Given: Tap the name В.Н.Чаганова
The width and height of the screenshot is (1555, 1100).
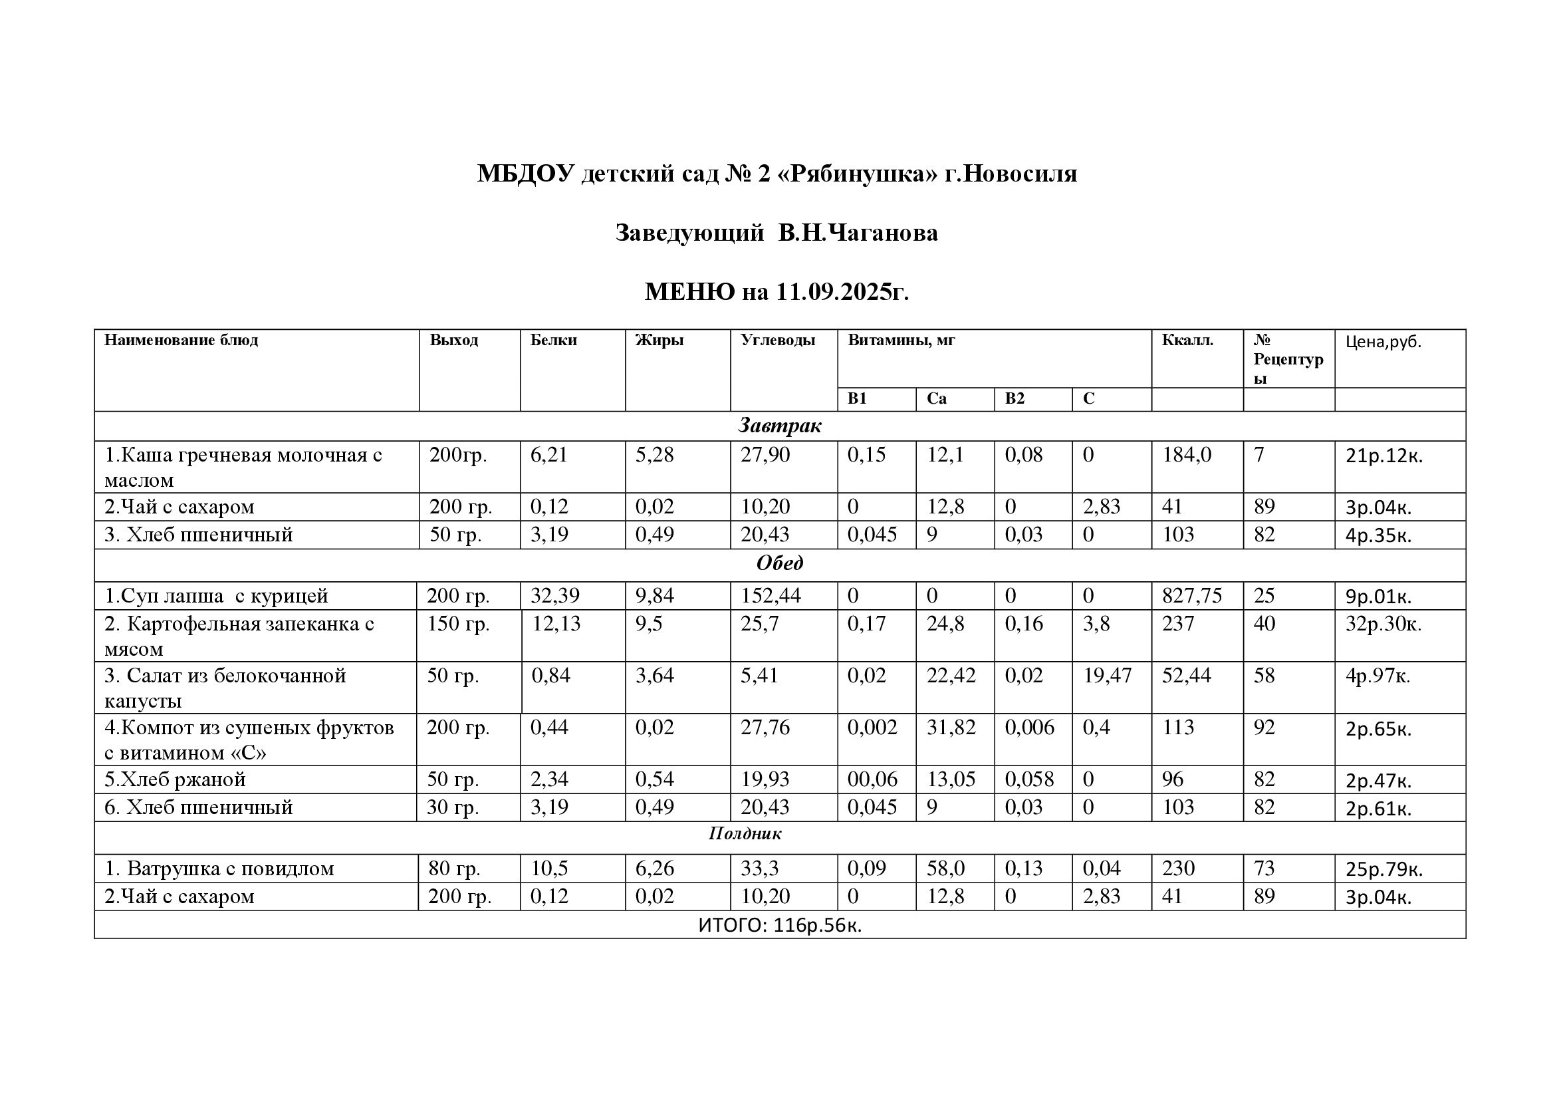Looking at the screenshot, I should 858,233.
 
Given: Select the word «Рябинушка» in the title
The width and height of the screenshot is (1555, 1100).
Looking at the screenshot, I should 859,174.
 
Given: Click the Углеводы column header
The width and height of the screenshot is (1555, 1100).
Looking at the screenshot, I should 778,340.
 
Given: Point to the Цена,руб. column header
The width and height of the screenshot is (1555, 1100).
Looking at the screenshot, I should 1383,342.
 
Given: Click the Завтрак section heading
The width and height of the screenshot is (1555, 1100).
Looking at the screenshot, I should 780,426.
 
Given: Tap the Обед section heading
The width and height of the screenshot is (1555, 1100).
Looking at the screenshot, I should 780,563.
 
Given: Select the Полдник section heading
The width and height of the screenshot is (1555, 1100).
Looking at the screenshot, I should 745,833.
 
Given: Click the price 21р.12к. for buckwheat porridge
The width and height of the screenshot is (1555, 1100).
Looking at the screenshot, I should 1383,456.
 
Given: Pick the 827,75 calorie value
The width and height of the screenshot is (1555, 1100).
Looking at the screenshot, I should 1192,596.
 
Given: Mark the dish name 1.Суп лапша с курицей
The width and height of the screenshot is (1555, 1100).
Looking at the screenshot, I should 216,596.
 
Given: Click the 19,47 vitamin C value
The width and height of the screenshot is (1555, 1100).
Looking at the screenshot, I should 1108,675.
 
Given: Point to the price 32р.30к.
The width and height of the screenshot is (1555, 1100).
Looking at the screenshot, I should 1383,624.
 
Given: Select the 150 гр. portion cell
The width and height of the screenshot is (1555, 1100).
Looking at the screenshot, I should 458,624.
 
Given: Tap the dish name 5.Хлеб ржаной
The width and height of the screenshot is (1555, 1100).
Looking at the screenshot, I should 175,779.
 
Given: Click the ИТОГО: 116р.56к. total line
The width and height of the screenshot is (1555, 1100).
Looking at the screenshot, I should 780,925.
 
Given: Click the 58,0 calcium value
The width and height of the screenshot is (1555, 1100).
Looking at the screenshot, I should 945,869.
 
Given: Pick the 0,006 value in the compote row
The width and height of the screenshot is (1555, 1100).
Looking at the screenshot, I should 1029,728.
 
